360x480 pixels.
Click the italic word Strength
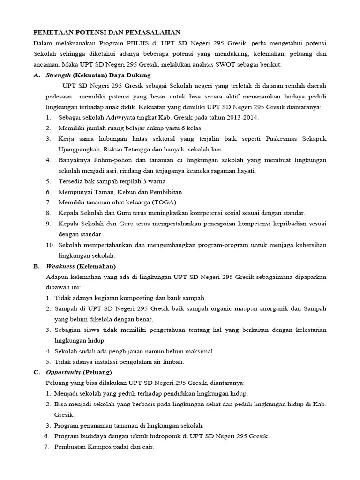click(x=59, y=75)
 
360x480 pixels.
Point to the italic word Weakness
click(x=60, y=266)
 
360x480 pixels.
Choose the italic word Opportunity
click(x=63, y=372)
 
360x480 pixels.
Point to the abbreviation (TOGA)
click(x=161, y=202)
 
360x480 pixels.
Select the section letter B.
click(x=36, y=266)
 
